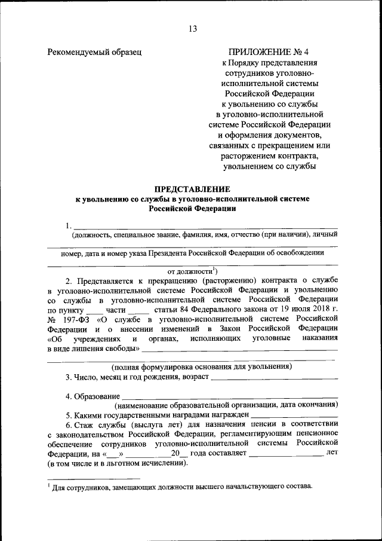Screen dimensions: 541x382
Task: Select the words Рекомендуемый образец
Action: (x=94, y=52)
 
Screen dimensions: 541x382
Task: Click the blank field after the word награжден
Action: (x=295, y=414)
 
